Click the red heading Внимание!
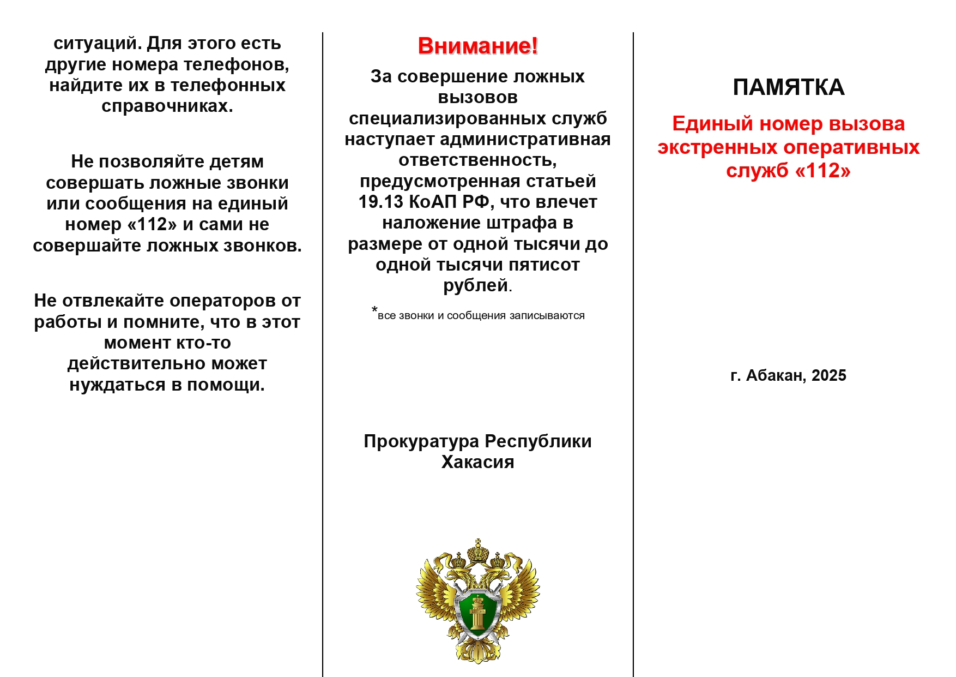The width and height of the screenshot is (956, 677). point(477,46)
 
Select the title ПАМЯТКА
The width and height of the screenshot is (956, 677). point(788,87)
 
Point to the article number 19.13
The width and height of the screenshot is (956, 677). point(380,202)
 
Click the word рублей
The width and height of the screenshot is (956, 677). point(475,285)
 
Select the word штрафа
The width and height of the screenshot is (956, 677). point(523,223)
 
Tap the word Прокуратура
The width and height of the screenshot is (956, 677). point(421,441)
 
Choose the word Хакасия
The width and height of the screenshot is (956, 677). point(477,462)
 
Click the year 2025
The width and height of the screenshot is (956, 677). point(828,375)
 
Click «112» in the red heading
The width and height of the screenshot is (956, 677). point(822,171)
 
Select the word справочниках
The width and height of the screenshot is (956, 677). point(167,106)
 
